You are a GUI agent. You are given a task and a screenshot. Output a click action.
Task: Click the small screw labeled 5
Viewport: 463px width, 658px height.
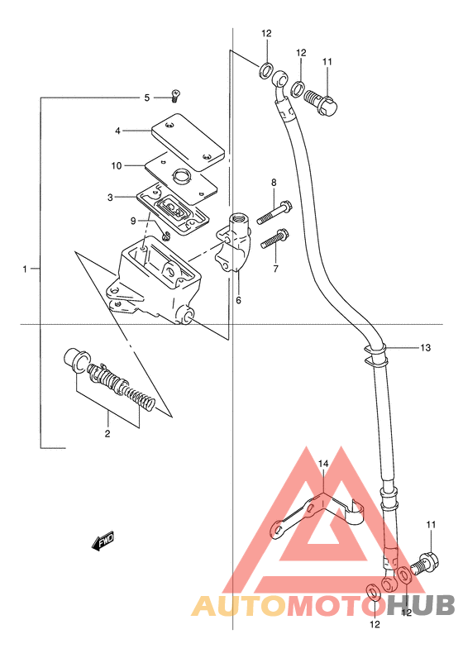(x=175, y=95)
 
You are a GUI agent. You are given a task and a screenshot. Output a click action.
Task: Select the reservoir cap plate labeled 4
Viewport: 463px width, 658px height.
(x=188, y=142)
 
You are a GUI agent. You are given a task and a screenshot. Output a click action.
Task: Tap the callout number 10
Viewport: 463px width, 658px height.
(x=117, y=166)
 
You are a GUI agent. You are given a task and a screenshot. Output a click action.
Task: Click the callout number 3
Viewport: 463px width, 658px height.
(x=110, y=198)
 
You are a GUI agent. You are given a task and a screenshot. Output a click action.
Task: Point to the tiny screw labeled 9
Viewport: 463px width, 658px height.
(x=166, y=236)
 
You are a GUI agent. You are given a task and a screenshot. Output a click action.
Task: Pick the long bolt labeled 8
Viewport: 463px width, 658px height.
(x=275, y=212)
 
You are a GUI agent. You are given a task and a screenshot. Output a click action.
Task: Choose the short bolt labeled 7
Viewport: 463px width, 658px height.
(x=274, y=238)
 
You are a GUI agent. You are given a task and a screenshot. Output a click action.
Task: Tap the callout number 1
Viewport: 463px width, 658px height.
(x=25, y=269)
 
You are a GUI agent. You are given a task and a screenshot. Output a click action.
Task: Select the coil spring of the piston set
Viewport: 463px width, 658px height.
(x=126, y=387)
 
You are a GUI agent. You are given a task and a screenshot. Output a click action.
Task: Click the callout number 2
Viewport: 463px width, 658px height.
(x=107, y=433)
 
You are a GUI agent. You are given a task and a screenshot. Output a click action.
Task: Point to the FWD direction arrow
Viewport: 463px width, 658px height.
(x=103, y=541)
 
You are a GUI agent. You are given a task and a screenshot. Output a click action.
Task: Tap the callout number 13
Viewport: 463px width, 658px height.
(x=425, y=348)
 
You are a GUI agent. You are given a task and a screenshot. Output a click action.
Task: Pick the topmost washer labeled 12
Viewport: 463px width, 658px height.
(x=265, y=70)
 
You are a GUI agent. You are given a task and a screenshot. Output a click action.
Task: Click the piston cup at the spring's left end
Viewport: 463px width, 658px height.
(x=76, y=361)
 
